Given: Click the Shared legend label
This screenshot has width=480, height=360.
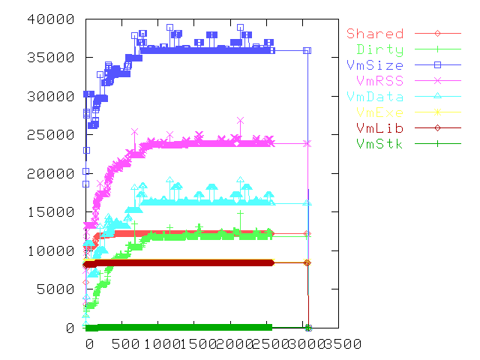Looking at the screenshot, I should coord(375,34).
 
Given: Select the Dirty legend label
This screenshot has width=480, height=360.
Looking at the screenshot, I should coord(380,49).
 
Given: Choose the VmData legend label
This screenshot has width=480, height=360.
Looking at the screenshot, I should coord(375,97).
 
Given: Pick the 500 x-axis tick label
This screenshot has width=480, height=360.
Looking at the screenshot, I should coord(121,344).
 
